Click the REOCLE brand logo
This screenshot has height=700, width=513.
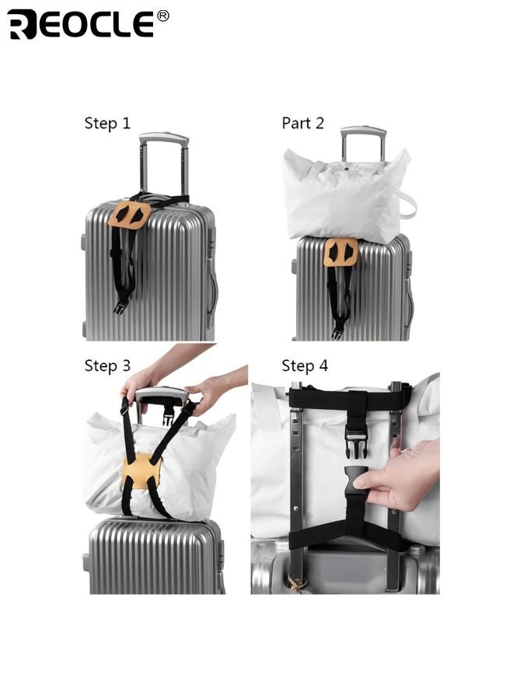[81, 24]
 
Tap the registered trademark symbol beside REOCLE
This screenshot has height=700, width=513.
[162, 16]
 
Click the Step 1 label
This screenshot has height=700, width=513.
[107, 124]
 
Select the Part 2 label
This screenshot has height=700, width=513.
[302, 124]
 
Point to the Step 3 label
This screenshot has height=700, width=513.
[107, 366]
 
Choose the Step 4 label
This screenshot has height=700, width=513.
[305, 366]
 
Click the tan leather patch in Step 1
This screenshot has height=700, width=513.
[130, 215]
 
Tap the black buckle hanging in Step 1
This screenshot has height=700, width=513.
[120, 306]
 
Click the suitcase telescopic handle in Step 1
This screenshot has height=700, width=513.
[163, 142]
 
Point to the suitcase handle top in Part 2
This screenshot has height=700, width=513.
[362, 132]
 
